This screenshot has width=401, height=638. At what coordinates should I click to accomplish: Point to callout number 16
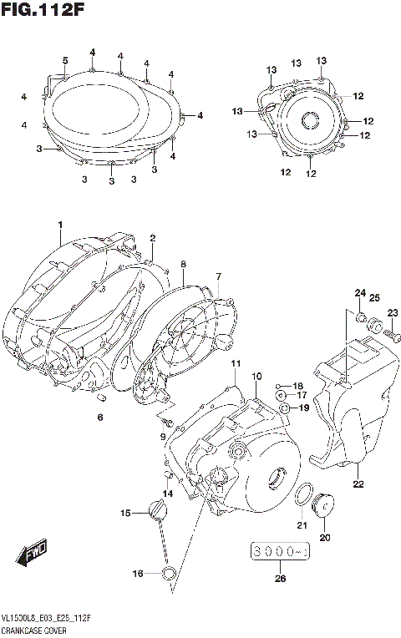(x=138, y=573)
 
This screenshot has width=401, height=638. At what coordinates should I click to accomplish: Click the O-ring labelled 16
(x=168, y=573)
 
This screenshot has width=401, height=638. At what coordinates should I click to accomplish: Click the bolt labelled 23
(x=388, y=334)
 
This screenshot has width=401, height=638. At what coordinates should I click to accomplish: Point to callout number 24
(x=359, y=292)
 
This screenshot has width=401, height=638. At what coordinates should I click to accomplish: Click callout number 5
(x=64, y=59)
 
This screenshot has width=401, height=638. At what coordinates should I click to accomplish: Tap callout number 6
(x=100, y=417)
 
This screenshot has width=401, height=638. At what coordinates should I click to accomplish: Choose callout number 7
(x=218, y=276)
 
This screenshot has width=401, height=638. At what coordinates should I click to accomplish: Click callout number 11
(x=236, y=364)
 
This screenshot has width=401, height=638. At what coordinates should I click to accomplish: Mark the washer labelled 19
(x=285, y=408)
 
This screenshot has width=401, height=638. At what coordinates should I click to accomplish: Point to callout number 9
(x=164, y=437)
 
